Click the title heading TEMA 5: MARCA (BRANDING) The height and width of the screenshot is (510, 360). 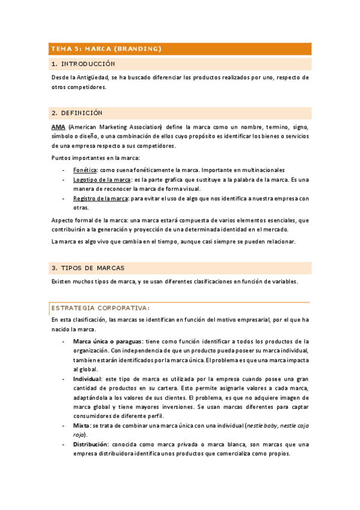coord(106,49)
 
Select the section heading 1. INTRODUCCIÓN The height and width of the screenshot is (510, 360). coord(84,64)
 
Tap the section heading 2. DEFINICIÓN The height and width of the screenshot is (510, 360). coord(78,112)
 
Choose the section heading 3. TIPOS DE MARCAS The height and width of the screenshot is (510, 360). coord(88,268)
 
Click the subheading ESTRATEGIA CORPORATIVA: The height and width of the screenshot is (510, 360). coord(100,307)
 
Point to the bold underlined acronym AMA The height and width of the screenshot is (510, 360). coord(58,127)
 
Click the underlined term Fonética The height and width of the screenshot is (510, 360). coord(85,170)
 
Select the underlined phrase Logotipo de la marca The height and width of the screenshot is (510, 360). coord(102,180)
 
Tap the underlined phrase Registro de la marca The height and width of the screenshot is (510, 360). coord(100,198)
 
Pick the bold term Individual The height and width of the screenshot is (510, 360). coord(88,379)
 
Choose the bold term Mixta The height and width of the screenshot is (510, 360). coord(83,425)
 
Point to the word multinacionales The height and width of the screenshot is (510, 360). coord(261,170)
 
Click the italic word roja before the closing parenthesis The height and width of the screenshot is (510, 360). coord(79,434)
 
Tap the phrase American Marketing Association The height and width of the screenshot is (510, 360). coord(116,127)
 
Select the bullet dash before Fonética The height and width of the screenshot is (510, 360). coord(64,170)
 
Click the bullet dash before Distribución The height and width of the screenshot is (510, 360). coord(64,444)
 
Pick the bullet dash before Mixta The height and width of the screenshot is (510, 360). coord(64,425)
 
